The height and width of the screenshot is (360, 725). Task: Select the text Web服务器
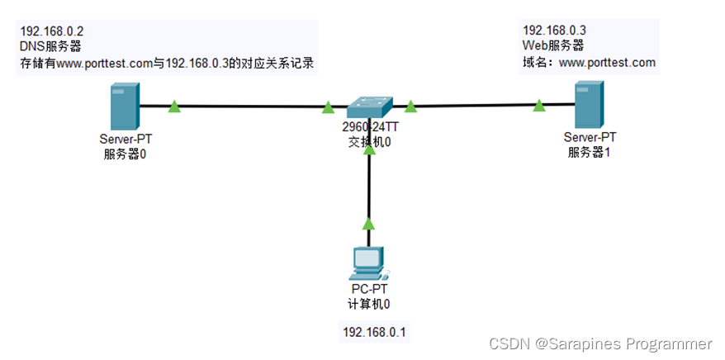pos(553,46)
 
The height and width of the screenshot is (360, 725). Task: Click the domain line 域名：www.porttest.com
pos(589,62)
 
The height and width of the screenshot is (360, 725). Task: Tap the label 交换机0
pos(369,141)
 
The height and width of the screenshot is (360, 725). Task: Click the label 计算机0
pos(368,303)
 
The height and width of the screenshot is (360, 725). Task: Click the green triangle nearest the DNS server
pos(174,106)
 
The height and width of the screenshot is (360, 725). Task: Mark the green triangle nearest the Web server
pos(539,105)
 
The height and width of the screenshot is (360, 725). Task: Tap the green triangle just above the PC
pos(368,223)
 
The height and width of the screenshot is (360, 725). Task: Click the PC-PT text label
pos(368,290)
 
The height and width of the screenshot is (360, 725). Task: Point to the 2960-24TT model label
pos(368,128)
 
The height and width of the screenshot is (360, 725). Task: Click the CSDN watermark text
pos(599,343)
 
